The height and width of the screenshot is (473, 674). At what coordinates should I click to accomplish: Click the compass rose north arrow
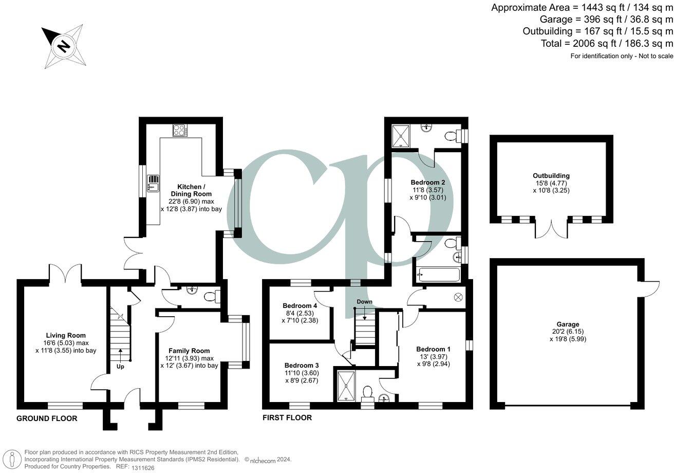point(64,46)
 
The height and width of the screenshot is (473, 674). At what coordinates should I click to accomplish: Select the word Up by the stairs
point(120,367)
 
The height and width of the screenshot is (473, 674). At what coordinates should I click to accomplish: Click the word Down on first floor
point(364,301)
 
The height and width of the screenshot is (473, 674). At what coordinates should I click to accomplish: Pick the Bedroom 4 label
point(297,305)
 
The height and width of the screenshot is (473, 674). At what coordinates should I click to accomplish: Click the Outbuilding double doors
point(552,230)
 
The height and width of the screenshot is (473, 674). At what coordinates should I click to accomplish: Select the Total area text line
point(607,44)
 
